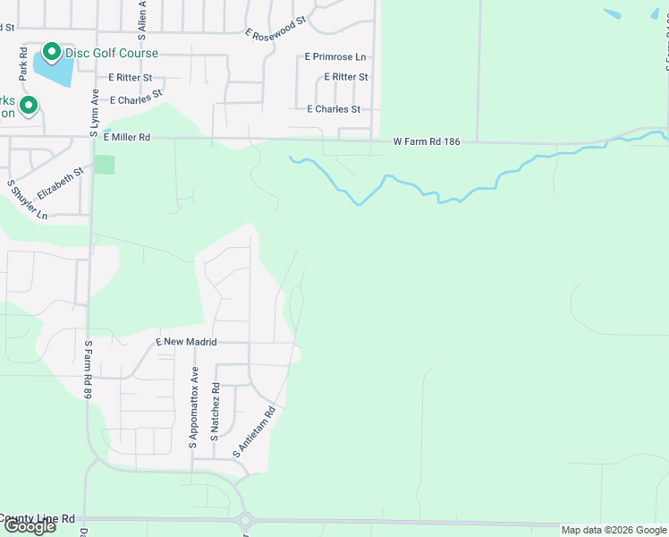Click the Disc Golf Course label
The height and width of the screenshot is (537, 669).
(x=111, y=54)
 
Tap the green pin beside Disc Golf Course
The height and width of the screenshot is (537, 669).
(x=51, y=54)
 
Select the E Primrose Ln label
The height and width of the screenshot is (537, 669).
(x=335, y=56)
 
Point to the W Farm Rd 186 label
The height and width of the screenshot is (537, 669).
(x=427, y=141)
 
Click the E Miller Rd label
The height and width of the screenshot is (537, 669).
(x=127, y=138)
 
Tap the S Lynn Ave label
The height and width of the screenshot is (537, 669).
(x=94, y=113)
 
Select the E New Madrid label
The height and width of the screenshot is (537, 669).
(x=187, y=342)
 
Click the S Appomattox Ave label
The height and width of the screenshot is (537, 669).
(x=193, y=407)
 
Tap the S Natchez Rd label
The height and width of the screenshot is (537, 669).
(x=215, y=412)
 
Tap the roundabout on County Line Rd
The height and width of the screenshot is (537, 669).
(x=246, y=520)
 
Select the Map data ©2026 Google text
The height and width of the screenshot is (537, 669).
(x=613, y=530)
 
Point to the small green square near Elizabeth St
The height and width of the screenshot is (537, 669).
(x=106, y=165)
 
